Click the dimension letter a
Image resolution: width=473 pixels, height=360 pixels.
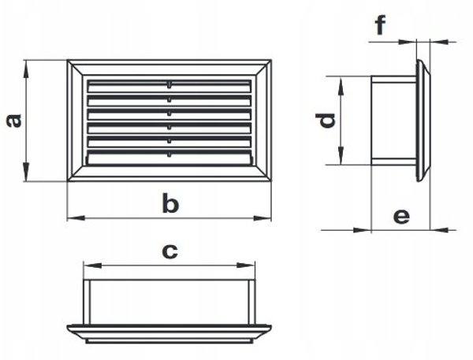[x=14, y=121]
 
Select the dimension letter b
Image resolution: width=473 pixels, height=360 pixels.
[x=170, y=202]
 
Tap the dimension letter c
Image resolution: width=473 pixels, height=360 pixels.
[x=169, y=251]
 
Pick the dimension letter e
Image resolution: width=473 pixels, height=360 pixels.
[x=401, y=216]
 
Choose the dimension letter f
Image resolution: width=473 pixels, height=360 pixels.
[x=381, y=25]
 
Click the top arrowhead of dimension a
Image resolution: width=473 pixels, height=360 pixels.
[x=27, y=69]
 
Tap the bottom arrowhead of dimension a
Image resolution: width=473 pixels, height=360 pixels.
[x=27, y=172]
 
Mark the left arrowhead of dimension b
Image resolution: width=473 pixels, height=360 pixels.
[x=76, y=218]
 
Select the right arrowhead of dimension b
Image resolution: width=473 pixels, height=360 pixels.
[x=263, y=218]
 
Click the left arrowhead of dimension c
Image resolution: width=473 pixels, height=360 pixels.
[x=92, y=265]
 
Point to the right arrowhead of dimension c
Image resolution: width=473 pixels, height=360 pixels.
[x=246, y=265]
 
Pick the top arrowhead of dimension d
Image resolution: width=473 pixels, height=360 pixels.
[x=341, y=86]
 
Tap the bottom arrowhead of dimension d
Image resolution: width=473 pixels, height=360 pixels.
[x=341, y=155]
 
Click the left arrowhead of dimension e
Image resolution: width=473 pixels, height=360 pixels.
[x=362, y=230]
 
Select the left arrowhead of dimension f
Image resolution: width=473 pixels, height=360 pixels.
[x=408, y=42]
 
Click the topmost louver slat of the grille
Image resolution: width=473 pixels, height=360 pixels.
[x=169, y=86]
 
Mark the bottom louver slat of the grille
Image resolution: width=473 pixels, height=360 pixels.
[x=169, y=158]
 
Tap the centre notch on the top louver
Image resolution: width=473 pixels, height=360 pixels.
[x=169, y=85]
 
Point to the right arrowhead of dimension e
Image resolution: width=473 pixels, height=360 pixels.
[x=439, y=230]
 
